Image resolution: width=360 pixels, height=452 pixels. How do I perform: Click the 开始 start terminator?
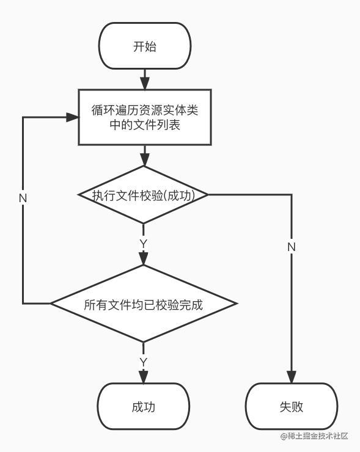[x=145, y=46]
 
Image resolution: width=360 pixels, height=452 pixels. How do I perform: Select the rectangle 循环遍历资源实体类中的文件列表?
[x=145, y=117]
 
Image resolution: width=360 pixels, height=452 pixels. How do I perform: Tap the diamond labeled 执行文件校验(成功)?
[x=144, y=195]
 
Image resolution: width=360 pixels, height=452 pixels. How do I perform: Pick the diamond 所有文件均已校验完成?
[x=144, y=304]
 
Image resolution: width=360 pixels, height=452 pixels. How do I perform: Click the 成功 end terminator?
[x=144, y=406]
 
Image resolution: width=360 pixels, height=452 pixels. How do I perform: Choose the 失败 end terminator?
[x=292, y=406]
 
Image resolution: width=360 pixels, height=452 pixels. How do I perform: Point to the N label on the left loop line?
[x=23, y=199]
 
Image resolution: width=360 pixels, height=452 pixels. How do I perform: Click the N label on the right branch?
[x=292, y=247]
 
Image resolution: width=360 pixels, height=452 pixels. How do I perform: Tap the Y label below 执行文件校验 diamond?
[x=144, y=244]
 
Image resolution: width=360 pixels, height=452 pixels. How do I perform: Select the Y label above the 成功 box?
[x=144, y=362]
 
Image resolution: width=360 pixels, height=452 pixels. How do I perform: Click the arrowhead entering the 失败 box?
[x=292, y=377]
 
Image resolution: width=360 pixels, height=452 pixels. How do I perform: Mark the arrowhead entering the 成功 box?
[x=144, y=377]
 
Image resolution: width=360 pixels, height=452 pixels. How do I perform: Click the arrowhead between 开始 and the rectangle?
[x=145, y=83]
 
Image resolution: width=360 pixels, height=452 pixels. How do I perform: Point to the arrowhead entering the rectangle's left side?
[x=72, y=117]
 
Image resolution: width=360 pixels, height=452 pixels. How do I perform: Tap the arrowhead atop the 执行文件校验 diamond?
[x=144, y=160]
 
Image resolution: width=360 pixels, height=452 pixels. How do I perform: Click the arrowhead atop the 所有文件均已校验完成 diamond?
[x=144, y=259]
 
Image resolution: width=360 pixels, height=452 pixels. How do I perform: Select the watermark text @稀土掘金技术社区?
[x=314, y=436]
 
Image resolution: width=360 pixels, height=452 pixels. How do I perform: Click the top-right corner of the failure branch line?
[x=292, y=195]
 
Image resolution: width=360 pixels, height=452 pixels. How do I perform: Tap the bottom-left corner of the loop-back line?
[x=23, y=303]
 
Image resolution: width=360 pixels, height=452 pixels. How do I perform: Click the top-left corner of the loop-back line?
[x=23, y=117]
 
